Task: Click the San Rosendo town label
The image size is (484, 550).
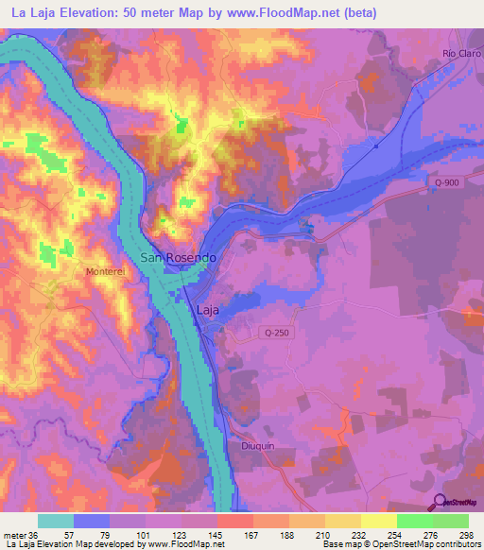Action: [x=179, y=257]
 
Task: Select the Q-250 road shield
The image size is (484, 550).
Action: [x=275, y=333]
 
